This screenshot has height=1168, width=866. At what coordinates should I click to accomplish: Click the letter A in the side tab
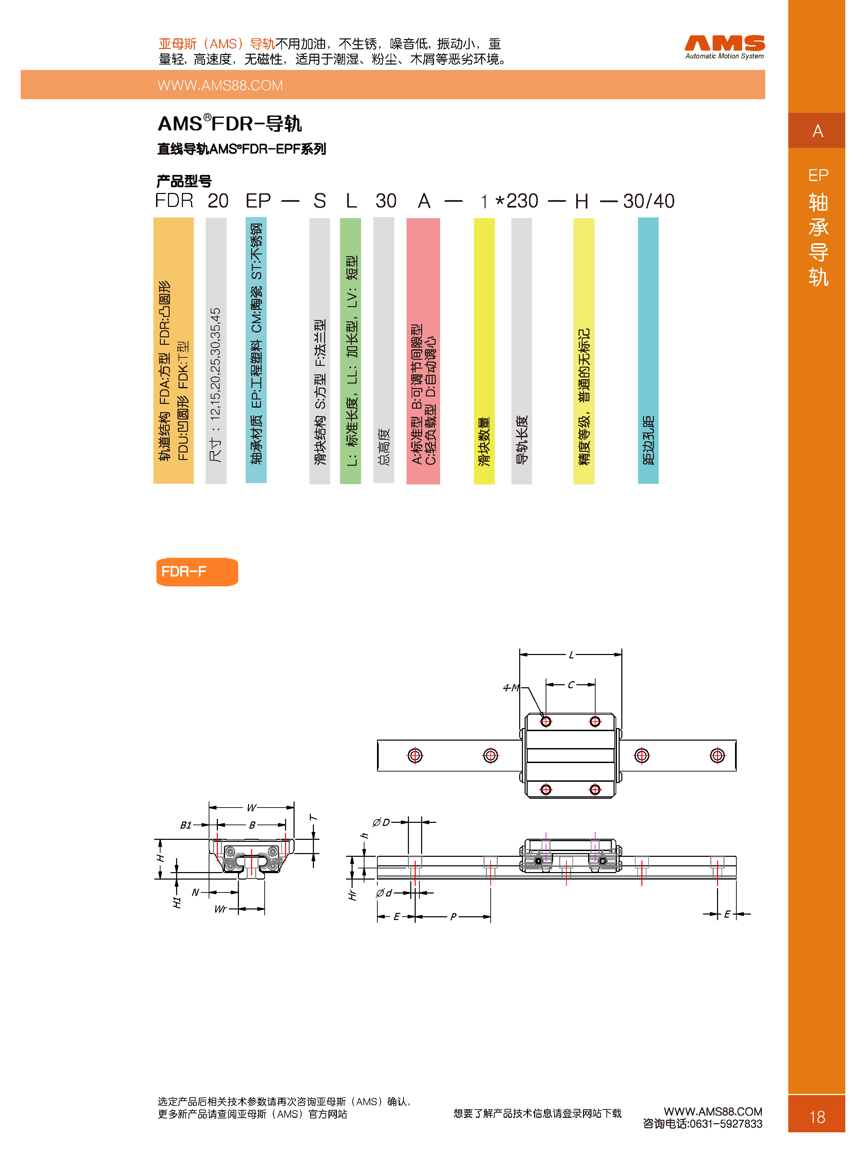tap(817, 131)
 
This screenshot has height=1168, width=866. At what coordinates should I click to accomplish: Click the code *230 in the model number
tap(516, 201)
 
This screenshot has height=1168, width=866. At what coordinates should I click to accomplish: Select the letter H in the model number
tap(581, 201)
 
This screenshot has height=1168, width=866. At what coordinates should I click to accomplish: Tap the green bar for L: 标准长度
tap(350, 351)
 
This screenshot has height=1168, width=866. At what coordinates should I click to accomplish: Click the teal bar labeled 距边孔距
tap(647, 351)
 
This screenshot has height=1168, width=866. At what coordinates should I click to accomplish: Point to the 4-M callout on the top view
tap(511, 687)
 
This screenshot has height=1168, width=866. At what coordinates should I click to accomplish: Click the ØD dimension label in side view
tap(381, 822)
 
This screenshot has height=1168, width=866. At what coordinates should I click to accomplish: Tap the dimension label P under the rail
tap(453, 917)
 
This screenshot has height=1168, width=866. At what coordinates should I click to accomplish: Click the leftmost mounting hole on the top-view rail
tap(415, 756)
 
